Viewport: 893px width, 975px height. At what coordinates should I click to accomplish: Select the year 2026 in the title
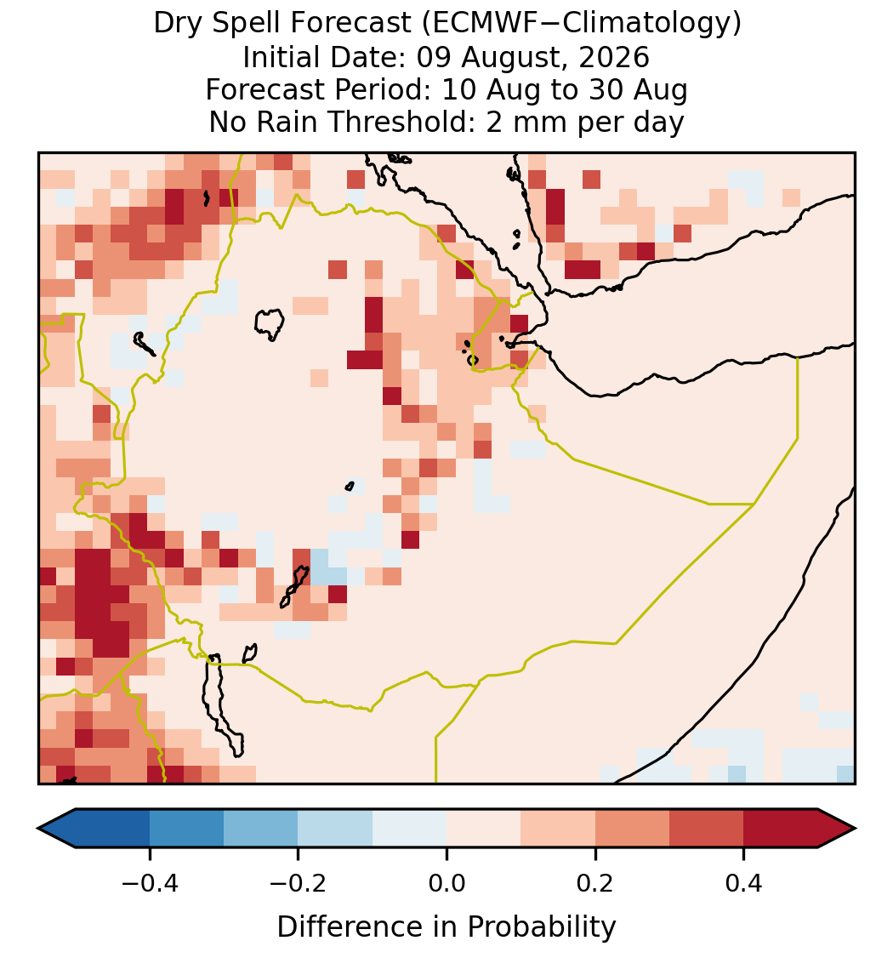point(614,57)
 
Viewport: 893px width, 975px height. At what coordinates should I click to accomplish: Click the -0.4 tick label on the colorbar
point(150,883)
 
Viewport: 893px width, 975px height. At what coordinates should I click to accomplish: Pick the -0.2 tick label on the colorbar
point(299,883)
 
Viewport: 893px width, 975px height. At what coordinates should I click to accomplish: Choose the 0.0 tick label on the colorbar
point(446,883)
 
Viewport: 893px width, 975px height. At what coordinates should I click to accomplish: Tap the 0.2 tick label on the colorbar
point(595,883)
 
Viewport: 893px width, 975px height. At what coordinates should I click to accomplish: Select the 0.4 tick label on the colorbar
point(744,883)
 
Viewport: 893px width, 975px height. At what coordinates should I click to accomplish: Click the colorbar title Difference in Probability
point(446,927)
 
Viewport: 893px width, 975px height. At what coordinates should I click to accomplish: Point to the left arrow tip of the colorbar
point(38,829)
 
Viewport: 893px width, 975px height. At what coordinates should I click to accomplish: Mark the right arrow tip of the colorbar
point(856,829)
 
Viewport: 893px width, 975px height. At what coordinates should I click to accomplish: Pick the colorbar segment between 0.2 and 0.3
point(633,829)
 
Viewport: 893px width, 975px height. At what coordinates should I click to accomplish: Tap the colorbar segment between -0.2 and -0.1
point(336,829)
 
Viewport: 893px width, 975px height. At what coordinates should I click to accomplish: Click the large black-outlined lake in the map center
point(269,324)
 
